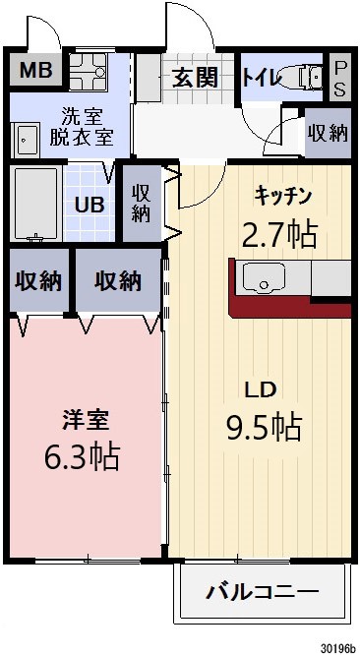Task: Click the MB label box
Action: (x=36, y=70)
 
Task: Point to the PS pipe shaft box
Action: (x=340, y=77)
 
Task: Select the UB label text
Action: (x=90, y=207)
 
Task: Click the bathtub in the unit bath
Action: (x=35, y=205)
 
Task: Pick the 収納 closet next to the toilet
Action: (x=327, y=133)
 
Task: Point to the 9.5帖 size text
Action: (x=263, y=427)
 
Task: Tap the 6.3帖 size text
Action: (x=83, y=457)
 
